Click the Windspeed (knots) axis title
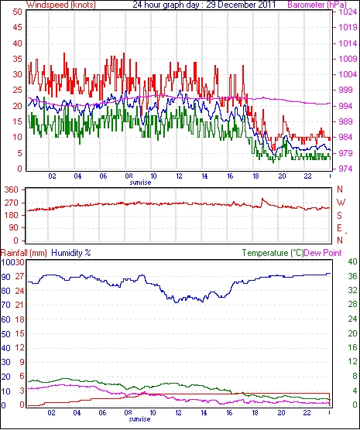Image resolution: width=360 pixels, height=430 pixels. click(x=61, y=5)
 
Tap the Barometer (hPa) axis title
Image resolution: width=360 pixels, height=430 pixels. click(x=317, y=5)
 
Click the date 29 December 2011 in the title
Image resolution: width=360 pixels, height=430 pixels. click(x=241, y=5)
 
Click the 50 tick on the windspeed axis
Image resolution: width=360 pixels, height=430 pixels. click(x=17, y=12)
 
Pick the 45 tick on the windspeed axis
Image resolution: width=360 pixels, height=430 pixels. click(x=17, y=27)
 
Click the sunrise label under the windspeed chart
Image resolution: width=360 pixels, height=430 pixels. click(x=140, y=183)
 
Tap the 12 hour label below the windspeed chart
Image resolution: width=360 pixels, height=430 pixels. click(x=179, y=176)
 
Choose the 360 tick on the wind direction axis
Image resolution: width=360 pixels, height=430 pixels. click(x=12, y=189)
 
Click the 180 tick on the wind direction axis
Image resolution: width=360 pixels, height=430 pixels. click(x=12, y=215)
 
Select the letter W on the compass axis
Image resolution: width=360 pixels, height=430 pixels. click(x=341, y=203)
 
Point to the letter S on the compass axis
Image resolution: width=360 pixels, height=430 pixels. click(x=339, y=216)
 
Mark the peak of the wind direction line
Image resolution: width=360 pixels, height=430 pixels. click(x=262, y=198)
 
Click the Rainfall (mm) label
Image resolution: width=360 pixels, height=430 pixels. click(x=24, y=253)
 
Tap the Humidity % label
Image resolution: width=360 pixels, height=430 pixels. click(x=71, y=253)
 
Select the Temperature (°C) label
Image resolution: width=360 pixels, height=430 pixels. click(x=273, y=253)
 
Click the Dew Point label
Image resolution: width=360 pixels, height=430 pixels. click(x=323, y=253)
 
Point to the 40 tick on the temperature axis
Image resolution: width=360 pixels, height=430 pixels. click(x=352, y=261)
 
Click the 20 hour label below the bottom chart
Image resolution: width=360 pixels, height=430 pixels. click(x=281, y=412)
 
